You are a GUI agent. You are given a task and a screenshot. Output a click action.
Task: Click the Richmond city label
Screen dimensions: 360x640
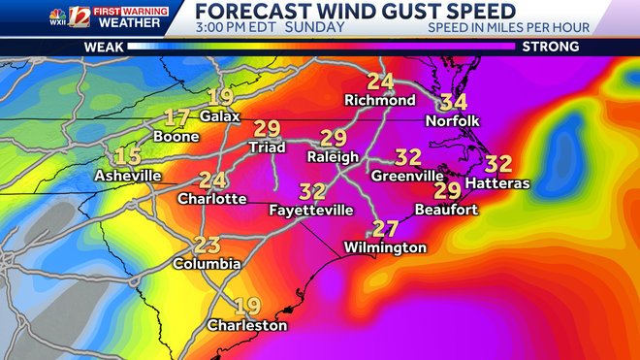pos(380,101)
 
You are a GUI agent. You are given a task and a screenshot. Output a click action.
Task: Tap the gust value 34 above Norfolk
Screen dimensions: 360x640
pos(453,102)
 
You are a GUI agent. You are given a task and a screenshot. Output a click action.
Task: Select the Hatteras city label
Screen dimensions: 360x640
pos(498,183)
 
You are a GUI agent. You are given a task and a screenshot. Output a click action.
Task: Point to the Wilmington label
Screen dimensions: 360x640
pos(385,247)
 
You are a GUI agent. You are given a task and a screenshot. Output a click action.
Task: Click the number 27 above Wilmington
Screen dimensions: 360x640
pos(386,229)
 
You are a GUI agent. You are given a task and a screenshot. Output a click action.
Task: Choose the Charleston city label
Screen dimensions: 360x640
pos(247,325)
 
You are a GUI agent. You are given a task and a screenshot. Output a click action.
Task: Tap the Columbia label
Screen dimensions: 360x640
pos(207,263)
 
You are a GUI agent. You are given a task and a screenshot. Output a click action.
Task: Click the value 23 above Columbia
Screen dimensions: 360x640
pos(208,245)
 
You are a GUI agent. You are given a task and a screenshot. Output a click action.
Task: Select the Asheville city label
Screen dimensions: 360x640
pos(127,176)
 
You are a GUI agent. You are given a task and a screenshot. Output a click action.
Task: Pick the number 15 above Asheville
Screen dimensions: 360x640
pos(128,156)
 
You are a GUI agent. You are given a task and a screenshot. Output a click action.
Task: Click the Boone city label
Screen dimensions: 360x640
pos(176,137)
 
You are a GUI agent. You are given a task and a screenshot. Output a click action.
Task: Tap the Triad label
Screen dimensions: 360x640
pos(267,147)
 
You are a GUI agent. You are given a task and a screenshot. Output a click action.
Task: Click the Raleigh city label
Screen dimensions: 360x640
pos(333,156)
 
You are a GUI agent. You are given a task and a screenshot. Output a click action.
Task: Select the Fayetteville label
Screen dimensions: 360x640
pos(311,210)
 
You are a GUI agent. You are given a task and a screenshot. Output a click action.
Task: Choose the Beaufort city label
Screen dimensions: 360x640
pos(446,209)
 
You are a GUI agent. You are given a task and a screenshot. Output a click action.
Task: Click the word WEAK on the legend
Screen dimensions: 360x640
pos(103,47)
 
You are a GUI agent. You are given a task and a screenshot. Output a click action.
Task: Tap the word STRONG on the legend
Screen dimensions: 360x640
pos(550,47)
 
